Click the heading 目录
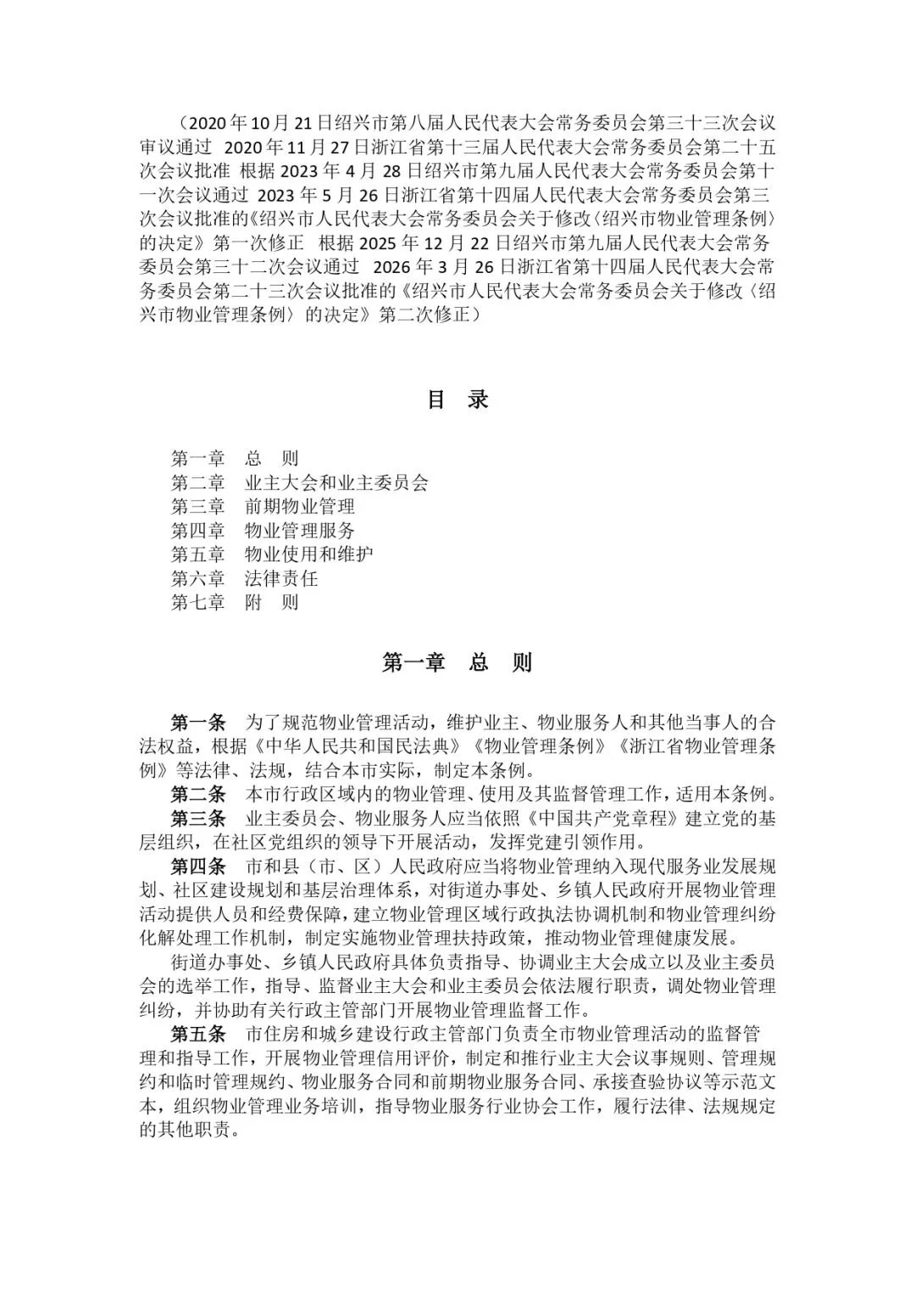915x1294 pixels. pos(457,400)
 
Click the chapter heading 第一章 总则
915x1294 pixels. pos(457,662)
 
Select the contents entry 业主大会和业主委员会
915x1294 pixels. pos(336,482)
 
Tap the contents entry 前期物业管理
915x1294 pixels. pos(300,506)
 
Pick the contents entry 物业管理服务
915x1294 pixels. pos(300,531)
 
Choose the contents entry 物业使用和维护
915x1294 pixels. pos(309,555)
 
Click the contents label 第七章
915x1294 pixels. pos(197,603)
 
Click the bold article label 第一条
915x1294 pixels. pos(198,723)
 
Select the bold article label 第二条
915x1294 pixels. pos(198,795)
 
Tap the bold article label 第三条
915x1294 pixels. pos(198,818)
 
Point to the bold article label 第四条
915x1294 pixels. pos(198,867)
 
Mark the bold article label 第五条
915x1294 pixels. pos(198,1034)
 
